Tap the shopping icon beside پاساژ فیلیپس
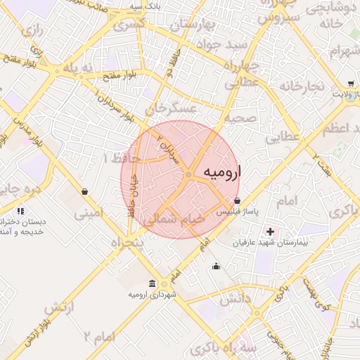point(237,201)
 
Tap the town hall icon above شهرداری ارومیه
point(152,283)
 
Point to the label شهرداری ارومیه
point(151,294)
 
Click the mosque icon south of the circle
point(216,265)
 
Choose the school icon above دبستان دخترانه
point(20,210)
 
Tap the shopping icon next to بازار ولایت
point(350,83)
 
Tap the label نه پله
point(77,67)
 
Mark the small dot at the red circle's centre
point(189,174)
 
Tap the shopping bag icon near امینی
point(84,191)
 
